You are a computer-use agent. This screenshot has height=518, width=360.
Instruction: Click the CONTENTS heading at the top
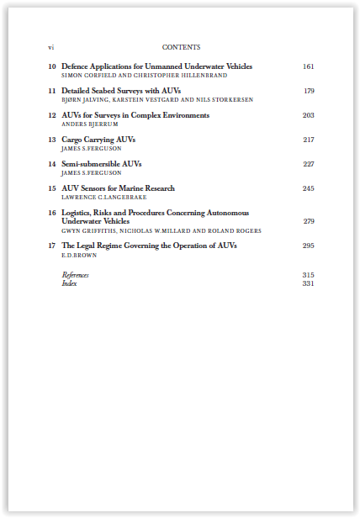(x=181, y=47)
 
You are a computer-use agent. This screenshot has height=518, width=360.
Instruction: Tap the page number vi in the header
(x=51, y=47)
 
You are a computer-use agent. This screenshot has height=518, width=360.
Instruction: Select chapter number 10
(x=52, y=66)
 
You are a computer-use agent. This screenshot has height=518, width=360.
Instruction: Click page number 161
(x=308, y=66)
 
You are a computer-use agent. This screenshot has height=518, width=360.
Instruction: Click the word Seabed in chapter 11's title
(x=108, y=91)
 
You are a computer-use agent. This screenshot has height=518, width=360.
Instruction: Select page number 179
(x=309, y=91)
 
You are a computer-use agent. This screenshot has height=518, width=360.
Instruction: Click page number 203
(x=308, y=115)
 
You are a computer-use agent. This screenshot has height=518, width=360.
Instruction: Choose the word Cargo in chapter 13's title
(x=73, y=140)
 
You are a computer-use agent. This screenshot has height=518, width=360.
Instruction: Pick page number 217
(x=308, y=140)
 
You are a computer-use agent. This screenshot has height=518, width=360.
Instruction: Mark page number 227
(x=308, y=164)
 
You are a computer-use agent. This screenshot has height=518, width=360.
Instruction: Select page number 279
(x=308, y=221)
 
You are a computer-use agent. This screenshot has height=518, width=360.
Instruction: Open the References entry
(x=75, y=275)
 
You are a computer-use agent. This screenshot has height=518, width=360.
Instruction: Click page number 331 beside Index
(x=308, y=283)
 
